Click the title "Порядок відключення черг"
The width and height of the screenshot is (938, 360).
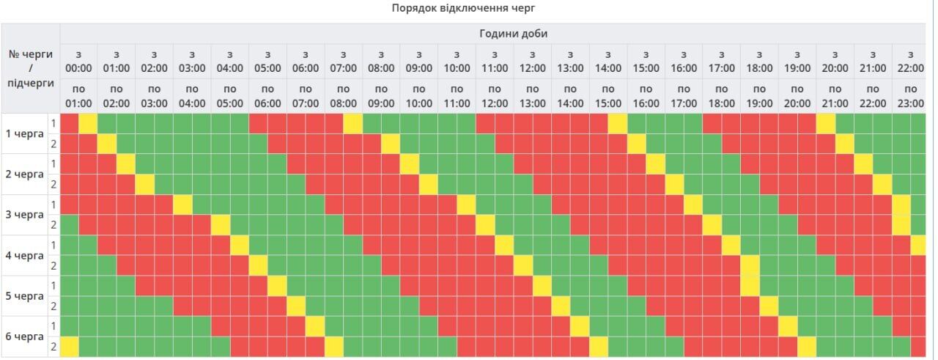[x=468, y=8]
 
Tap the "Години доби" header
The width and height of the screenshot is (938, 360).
[x=513, y=34]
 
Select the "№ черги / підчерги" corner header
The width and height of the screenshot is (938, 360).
[x=30, y=68]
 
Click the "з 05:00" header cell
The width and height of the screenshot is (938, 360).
[x=267, y=61]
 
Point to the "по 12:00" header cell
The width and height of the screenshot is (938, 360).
[x=495, y=95]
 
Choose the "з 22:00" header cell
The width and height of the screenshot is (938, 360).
[x=910, y=61]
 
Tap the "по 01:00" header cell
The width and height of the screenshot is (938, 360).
[x=78, y=95]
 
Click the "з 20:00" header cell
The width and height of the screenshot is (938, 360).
[x=835, y=61]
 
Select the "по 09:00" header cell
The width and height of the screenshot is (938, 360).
[x=381, y=95]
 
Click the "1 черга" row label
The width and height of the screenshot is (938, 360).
[x=25, y=133]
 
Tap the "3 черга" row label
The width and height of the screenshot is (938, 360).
[x=25, y=215]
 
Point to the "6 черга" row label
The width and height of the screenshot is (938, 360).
[x=25, y=337]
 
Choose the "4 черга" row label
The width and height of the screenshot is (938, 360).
[x=25, y=256]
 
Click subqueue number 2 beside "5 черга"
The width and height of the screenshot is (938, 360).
[x=53, y=306]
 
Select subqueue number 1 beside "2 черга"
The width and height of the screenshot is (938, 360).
[x=53, y=164]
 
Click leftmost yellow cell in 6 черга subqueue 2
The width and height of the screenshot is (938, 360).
[x=69, y=346]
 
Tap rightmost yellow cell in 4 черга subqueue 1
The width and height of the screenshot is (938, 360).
[x=919, y=245]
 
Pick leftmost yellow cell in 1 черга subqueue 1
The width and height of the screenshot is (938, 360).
[x=88, y=123]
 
